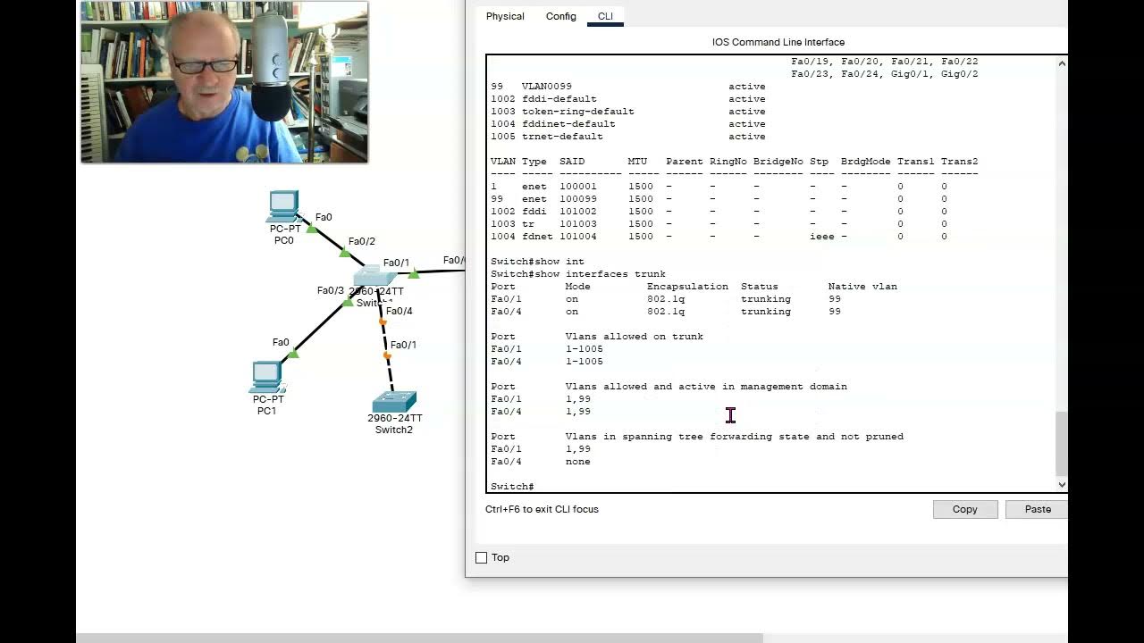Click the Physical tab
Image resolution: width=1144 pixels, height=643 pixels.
click(x=505, y=16)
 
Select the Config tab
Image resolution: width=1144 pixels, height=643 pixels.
click(x=561, y=16)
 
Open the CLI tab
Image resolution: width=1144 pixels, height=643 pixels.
click(x=605, y=16)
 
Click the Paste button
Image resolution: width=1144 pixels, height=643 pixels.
click(x=1037, y=509)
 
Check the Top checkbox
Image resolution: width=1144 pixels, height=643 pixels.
click(x=482, y=558)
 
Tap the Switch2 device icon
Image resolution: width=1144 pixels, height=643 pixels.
click(x=394, y=402)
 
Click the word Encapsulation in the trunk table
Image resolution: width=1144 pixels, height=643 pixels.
click(x=687, y=287)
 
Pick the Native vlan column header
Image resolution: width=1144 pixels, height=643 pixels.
click(x=862, y=287)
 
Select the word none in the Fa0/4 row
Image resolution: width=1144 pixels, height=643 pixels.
click(x=577, y=462)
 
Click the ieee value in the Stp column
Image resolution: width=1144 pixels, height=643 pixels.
click(x=821, y=237)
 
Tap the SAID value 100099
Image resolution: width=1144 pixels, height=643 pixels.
click(x=578, y=199)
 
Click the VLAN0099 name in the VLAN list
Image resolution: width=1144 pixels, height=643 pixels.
click(x=546, y=87)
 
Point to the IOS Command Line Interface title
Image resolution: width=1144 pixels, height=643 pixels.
click(x=778, y=42)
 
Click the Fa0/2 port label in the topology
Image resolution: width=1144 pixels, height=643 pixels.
click(x=361, y=241)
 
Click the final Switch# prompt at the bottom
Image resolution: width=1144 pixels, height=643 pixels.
click(x=512, y=487)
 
